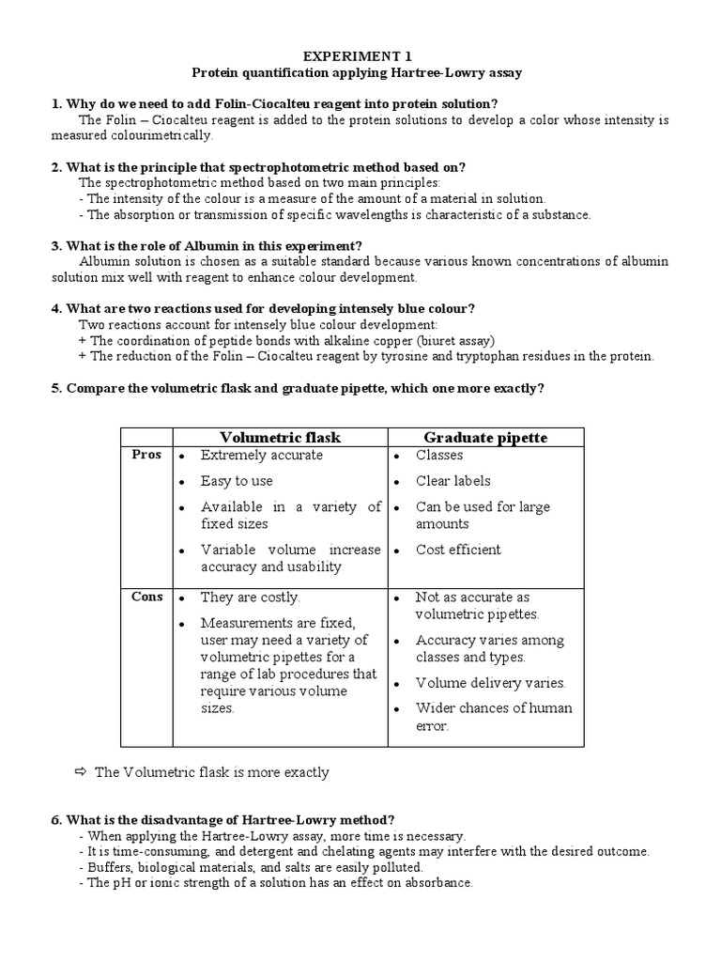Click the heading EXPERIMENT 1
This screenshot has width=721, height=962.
pos(360,55)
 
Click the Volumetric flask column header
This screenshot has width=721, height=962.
pos(280,437)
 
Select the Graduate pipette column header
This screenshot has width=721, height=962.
pos(485,437)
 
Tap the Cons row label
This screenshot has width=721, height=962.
pos(146,597)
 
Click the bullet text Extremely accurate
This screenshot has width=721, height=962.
pos(261,455)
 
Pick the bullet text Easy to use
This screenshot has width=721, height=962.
pos(237,481)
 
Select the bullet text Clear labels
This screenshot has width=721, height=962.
pos(453,481)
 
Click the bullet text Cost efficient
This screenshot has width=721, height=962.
pos(458,550)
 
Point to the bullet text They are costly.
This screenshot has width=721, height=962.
pos(250,597)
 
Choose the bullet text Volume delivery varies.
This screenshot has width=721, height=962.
pos(491,683)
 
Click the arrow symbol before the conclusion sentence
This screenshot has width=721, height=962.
pos(80,772)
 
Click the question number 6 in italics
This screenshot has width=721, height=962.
pos(55,819)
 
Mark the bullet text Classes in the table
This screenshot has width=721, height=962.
pos(439,455)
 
